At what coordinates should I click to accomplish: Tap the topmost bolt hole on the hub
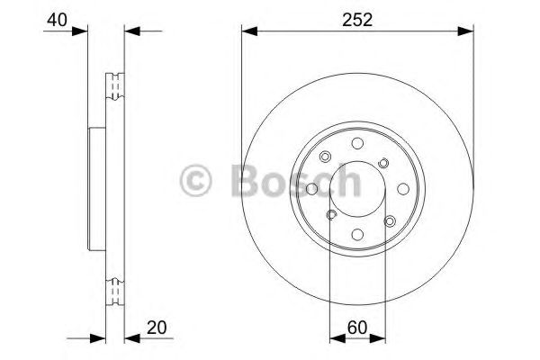pyautogui.click(x=357, y=143)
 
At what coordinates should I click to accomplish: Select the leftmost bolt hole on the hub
pyautogui.click(x=311, y=189)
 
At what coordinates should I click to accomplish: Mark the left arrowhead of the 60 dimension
pyautogui.click(x=336, y=338)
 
